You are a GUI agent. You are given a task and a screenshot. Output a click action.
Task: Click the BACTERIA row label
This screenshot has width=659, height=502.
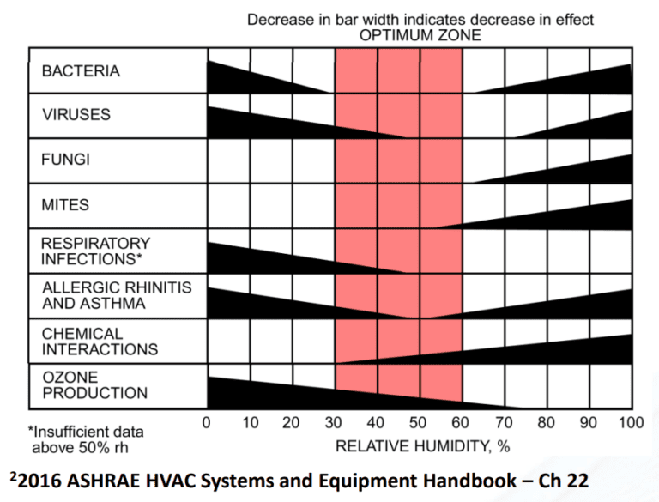tap(81, 71)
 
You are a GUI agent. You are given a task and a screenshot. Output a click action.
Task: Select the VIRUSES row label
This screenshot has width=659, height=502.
tap(76, 115)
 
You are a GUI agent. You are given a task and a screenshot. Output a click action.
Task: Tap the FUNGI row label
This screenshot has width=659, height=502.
tap(65, 160)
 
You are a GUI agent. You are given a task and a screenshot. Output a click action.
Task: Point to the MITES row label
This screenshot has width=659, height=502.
tap(65, 205)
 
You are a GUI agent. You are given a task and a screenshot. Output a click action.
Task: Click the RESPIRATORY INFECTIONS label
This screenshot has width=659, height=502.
tap(95, 251)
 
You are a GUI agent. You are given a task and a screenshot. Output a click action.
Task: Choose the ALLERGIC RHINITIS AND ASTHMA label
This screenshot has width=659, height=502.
tap(117, 295)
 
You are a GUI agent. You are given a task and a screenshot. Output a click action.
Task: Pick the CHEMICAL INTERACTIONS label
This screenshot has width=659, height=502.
tap(100, 341)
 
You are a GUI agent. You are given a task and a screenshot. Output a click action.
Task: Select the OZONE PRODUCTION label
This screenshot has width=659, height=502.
tap(94, 385)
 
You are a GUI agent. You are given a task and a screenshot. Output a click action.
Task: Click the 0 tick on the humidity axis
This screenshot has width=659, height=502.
tap(207, 423)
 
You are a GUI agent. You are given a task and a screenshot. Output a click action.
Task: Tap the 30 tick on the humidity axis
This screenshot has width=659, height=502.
tap(334, 423)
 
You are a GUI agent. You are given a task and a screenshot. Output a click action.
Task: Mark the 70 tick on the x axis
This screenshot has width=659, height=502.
tap(504, 423)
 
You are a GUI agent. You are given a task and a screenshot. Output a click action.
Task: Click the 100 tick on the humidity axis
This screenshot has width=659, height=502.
tap(630, 423)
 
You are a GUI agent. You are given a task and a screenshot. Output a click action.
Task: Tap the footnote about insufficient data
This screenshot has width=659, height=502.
tap(86, 439)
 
